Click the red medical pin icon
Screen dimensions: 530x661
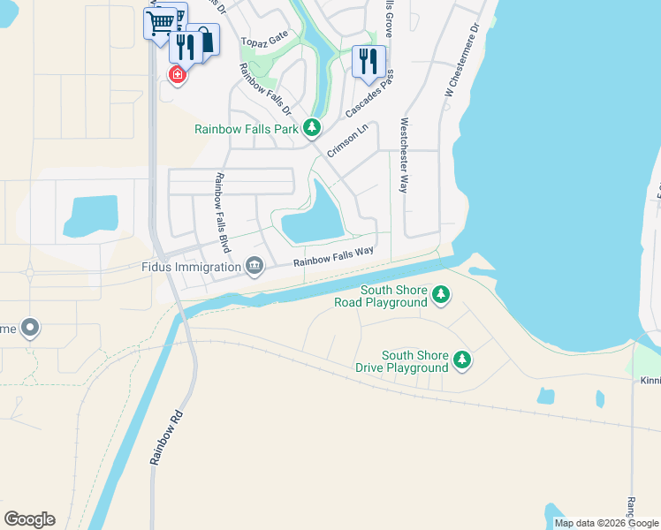click(178, 75)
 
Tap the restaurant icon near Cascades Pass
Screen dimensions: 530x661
click(368, 61)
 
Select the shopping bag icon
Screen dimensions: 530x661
click(204, 41)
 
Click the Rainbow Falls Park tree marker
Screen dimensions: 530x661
click(312, 129)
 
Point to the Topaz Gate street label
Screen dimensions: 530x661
click(267, 42)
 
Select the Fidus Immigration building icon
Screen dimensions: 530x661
click(255, 266)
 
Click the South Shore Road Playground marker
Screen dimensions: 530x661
click(441, 295)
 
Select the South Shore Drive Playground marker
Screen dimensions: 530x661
click(462, 360)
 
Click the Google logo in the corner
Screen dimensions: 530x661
click(29, 519)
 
